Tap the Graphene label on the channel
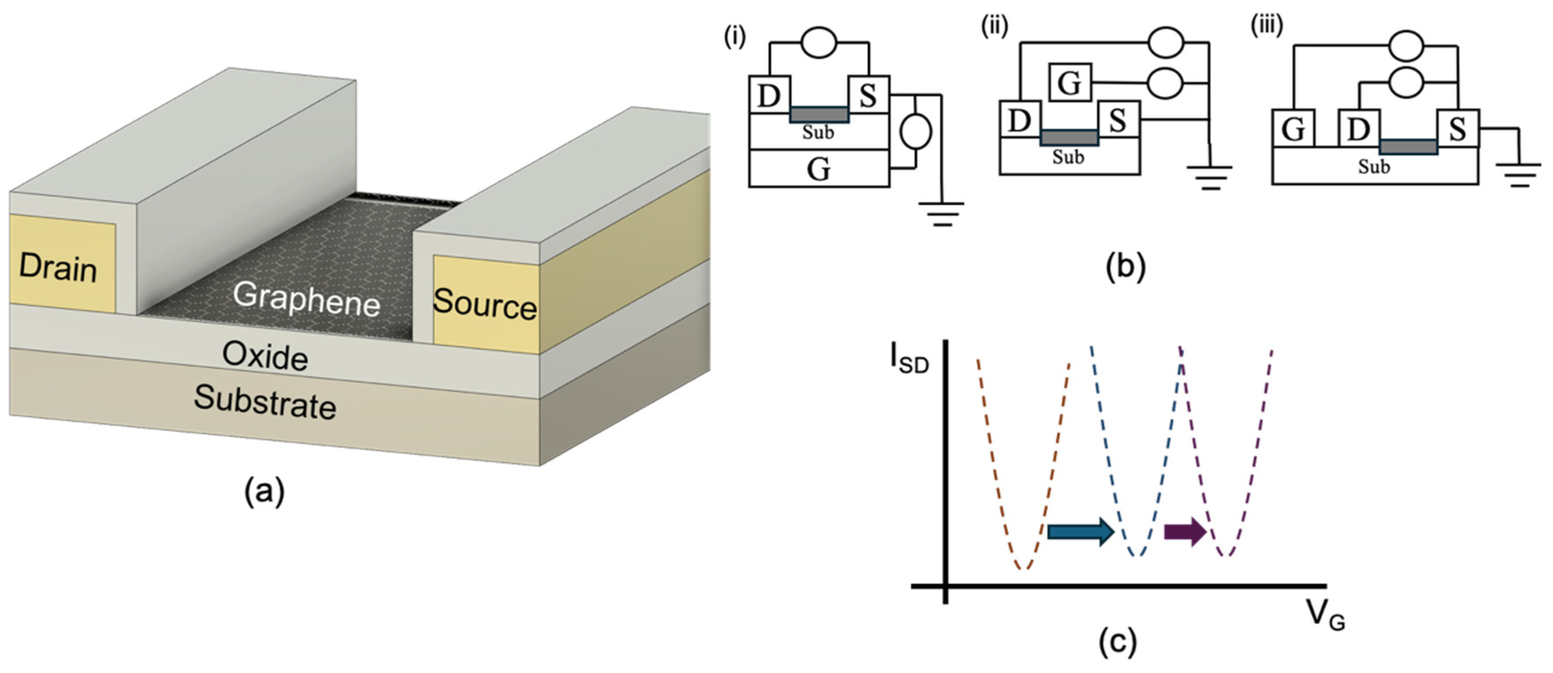click(306, 298)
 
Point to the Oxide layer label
click(265, 356)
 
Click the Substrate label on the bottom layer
click(265, 402)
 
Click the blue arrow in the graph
click(1081, 531)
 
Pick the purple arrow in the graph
click(1185, 531)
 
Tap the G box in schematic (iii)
click(1293, 128)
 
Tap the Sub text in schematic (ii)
click(1068, 157)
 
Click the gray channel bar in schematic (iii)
click(1408, 147)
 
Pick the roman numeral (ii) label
click(995, 27)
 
